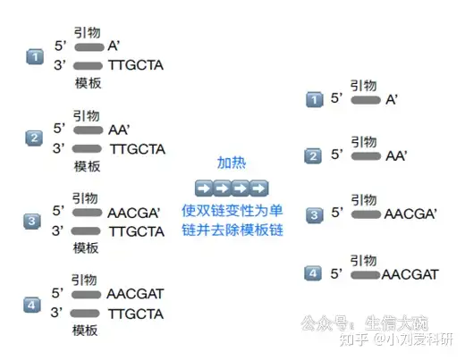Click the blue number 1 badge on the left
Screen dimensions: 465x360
tap(35, 57)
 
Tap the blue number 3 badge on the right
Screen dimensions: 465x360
tap(314, 215)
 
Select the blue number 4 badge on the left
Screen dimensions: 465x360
tap(32, 305)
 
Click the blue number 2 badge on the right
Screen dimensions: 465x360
tap(313, 156)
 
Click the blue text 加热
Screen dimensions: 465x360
tap(232, 163)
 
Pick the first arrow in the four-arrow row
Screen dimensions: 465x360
tap(204, 188)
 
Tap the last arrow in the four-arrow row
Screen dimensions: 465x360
tap(259, 188)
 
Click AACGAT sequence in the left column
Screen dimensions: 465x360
tap(135, 294)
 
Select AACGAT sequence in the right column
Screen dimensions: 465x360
tap(410, 274)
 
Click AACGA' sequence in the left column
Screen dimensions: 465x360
tap(134, 213)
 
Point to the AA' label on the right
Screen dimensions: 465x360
tap(396, 156)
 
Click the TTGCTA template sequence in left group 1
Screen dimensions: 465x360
tap(136, 65)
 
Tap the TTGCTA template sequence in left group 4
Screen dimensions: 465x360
tap(136, 314)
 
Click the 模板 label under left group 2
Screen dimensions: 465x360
tap(87, 166)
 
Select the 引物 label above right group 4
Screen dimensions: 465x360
tap(363, 260)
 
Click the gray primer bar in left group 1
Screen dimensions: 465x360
tap(89, 47)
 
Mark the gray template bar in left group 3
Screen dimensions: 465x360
tap(86, 230)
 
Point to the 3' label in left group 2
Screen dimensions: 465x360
tap(59, 148)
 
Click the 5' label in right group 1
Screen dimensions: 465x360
tap(337, 98)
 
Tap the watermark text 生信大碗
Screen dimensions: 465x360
tap(396, 323)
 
